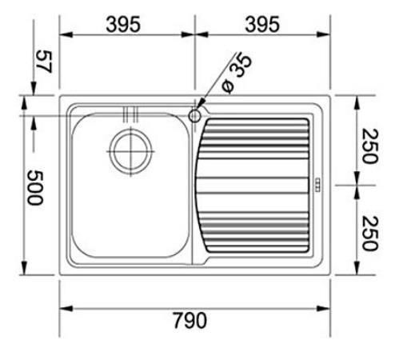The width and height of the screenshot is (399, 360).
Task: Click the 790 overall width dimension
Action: [x=190, y=320]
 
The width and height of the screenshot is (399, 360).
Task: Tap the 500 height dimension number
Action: [x=35, y=188]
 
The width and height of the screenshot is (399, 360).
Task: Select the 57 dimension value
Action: [x=44, y=62]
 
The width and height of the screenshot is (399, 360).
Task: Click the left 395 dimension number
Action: [x=123, y=24]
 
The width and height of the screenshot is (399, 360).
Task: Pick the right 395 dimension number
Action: [x=262, y=24]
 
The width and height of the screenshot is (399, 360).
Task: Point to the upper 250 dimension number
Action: [x=370, y=146]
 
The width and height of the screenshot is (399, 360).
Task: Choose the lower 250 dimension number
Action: [x=370, y=234]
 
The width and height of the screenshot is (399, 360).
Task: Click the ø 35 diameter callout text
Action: [x=237, y=73]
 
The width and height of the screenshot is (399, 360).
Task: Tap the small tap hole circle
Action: [x=194, y=116]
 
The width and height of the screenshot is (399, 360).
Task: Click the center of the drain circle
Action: [x=130, y=151]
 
